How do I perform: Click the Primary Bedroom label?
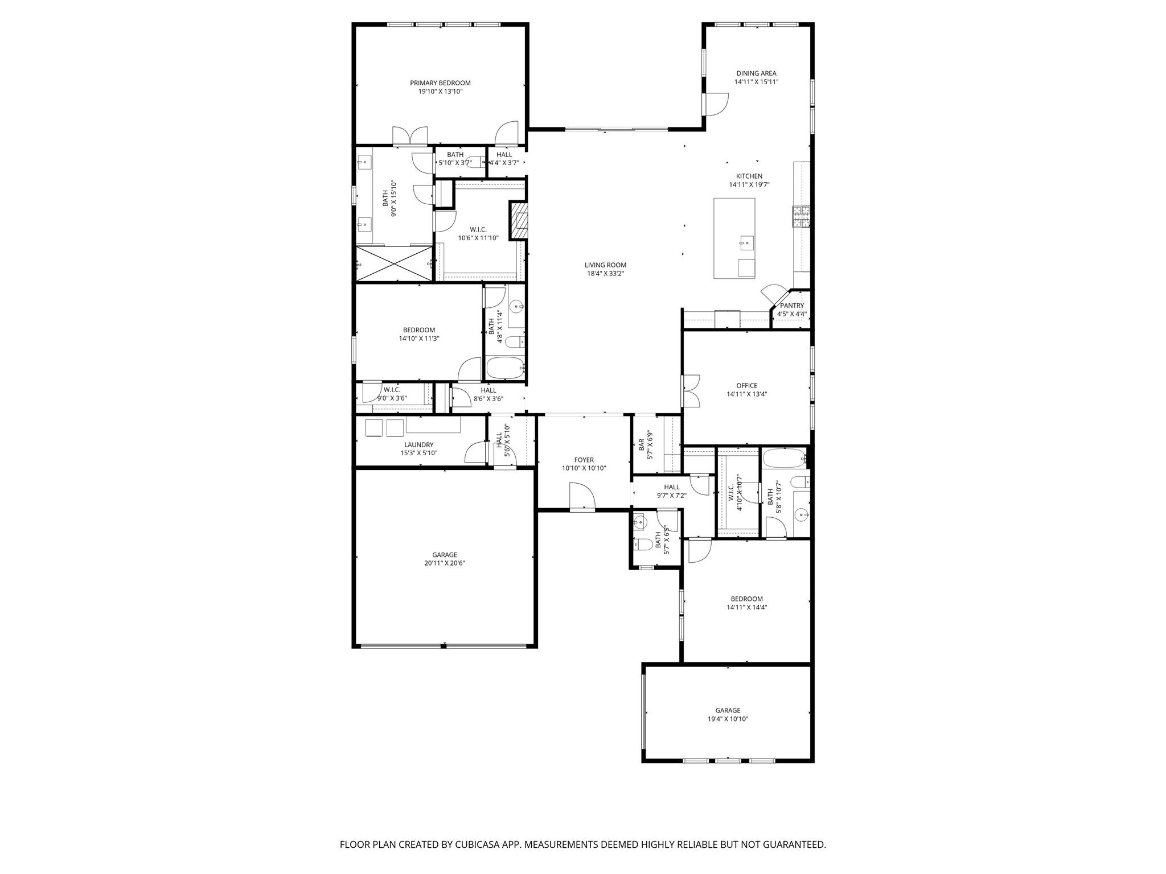[440, 83]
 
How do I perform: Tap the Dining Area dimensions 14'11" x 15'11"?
[756, 82]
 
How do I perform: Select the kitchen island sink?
[746, 244]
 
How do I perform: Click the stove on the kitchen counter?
[801, 217]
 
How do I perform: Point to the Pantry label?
[792, 306]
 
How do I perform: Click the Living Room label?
[605, 265]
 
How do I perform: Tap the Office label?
[747, 386]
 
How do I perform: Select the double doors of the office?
[691, 390]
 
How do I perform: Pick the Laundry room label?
[419, 445]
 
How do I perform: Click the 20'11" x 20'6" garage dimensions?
[444, 563]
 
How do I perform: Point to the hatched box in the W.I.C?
[519, 220]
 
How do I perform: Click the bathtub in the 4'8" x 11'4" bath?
[505, 368]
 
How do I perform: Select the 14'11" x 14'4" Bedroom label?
[746, 599]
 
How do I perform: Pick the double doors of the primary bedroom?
[410, 135]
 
